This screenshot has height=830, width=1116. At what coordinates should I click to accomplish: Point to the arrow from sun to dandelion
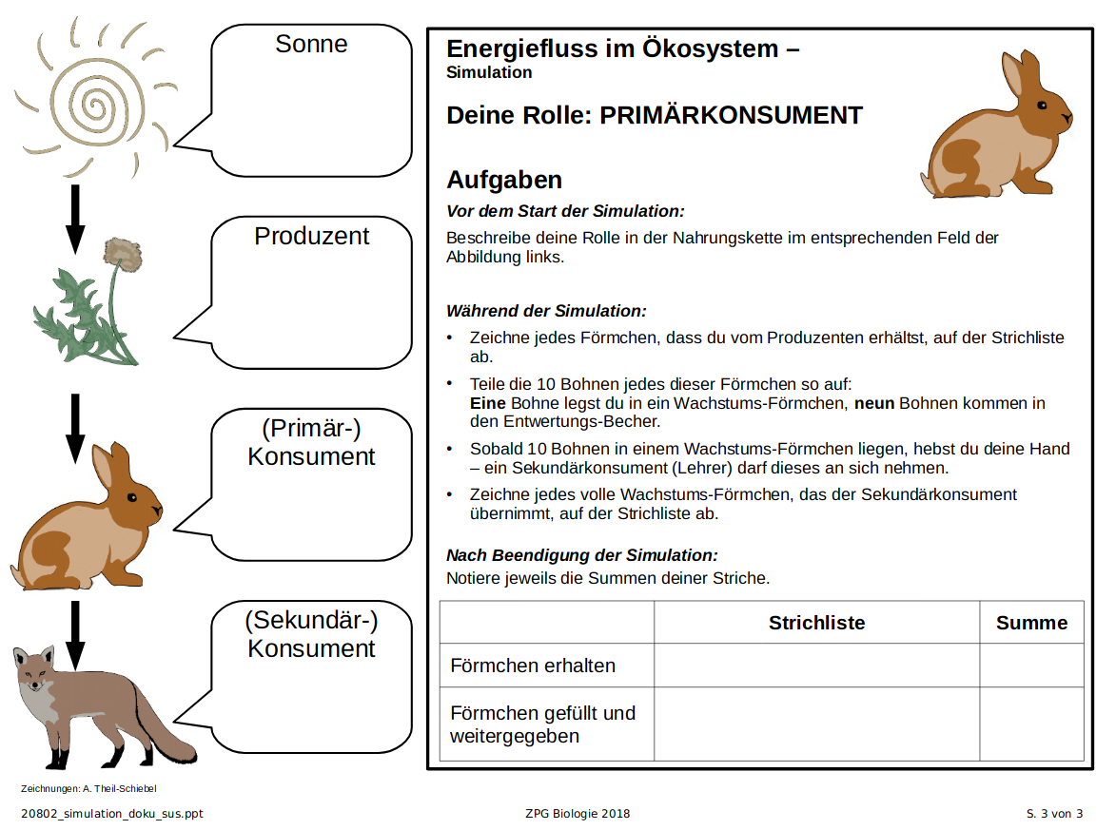coord(75,219)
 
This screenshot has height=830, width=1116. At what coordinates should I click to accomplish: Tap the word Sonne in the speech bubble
coord(311,45)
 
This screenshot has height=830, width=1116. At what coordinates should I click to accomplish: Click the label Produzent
coord(311,237)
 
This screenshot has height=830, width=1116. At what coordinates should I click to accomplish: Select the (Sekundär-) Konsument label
coord(311,634)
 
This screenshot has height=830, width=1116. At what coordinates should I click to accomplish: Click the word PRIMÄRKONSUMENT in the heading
coord(732,116)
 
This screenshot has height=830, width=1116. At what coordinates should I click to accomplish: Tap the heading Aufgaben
coord(504,180)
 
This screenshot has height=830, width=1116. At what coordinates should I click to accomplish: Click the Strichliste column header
coord(816,623)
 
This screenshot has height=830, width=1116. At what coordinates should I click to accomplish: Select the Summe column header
coord(1031,623)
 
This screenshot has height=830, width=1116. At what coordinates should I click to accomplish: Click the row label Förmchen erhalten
coord(533,666)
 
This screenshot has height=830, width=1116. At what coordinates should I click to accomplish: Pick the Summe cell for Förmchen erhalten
coord(1031,666)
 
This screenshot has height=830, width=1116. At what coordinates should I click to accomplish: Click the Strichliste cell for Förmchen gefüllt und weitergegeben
coord(816,724)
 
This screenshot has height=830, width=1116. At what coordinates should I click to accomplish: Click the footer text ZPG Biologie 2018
coord(577,814)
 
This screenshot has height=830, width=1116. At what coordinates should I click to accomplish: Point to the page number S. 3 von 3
coord(1054,814)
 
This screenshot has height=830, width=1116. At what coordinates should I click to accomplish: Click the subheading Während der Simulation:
coord(546,311)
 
